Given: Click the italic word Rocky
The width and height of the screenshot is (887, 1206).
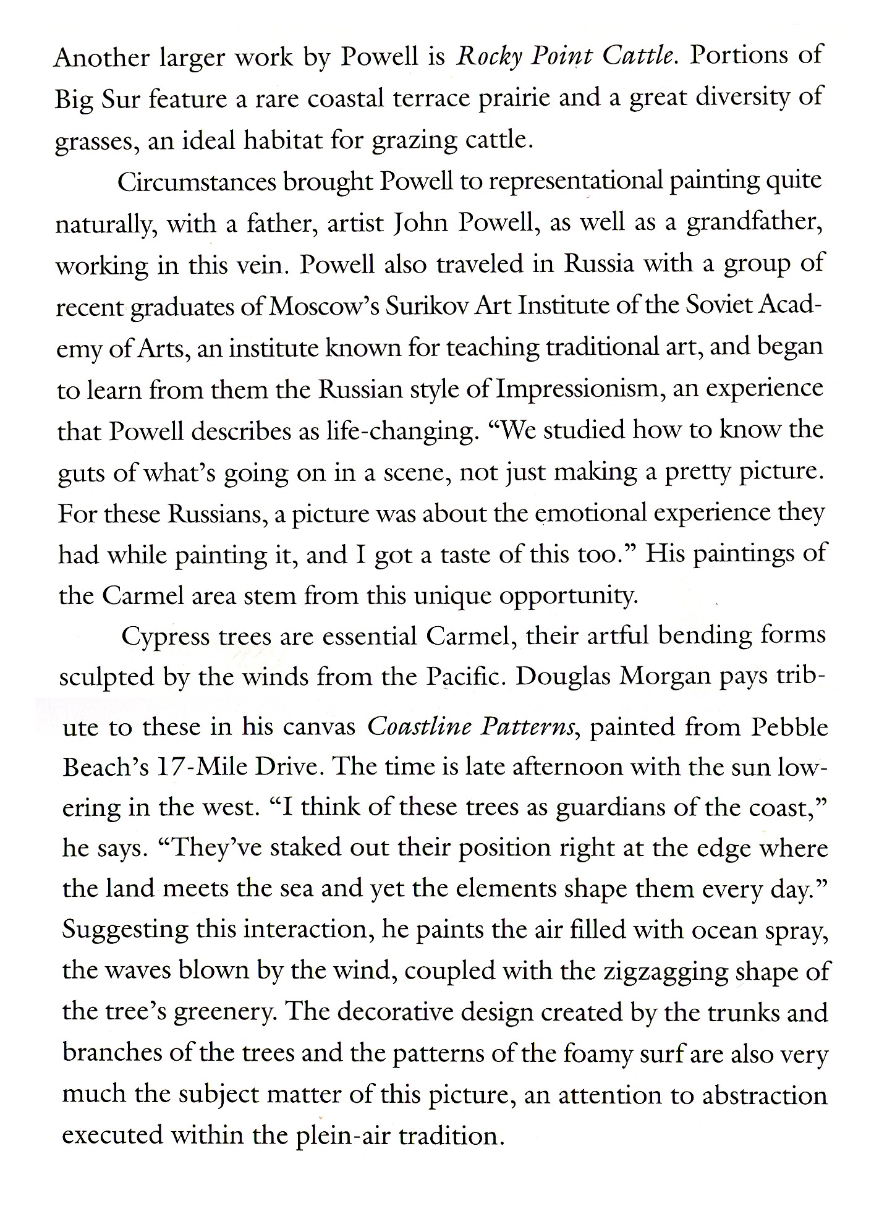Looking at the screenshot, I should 485,57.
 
